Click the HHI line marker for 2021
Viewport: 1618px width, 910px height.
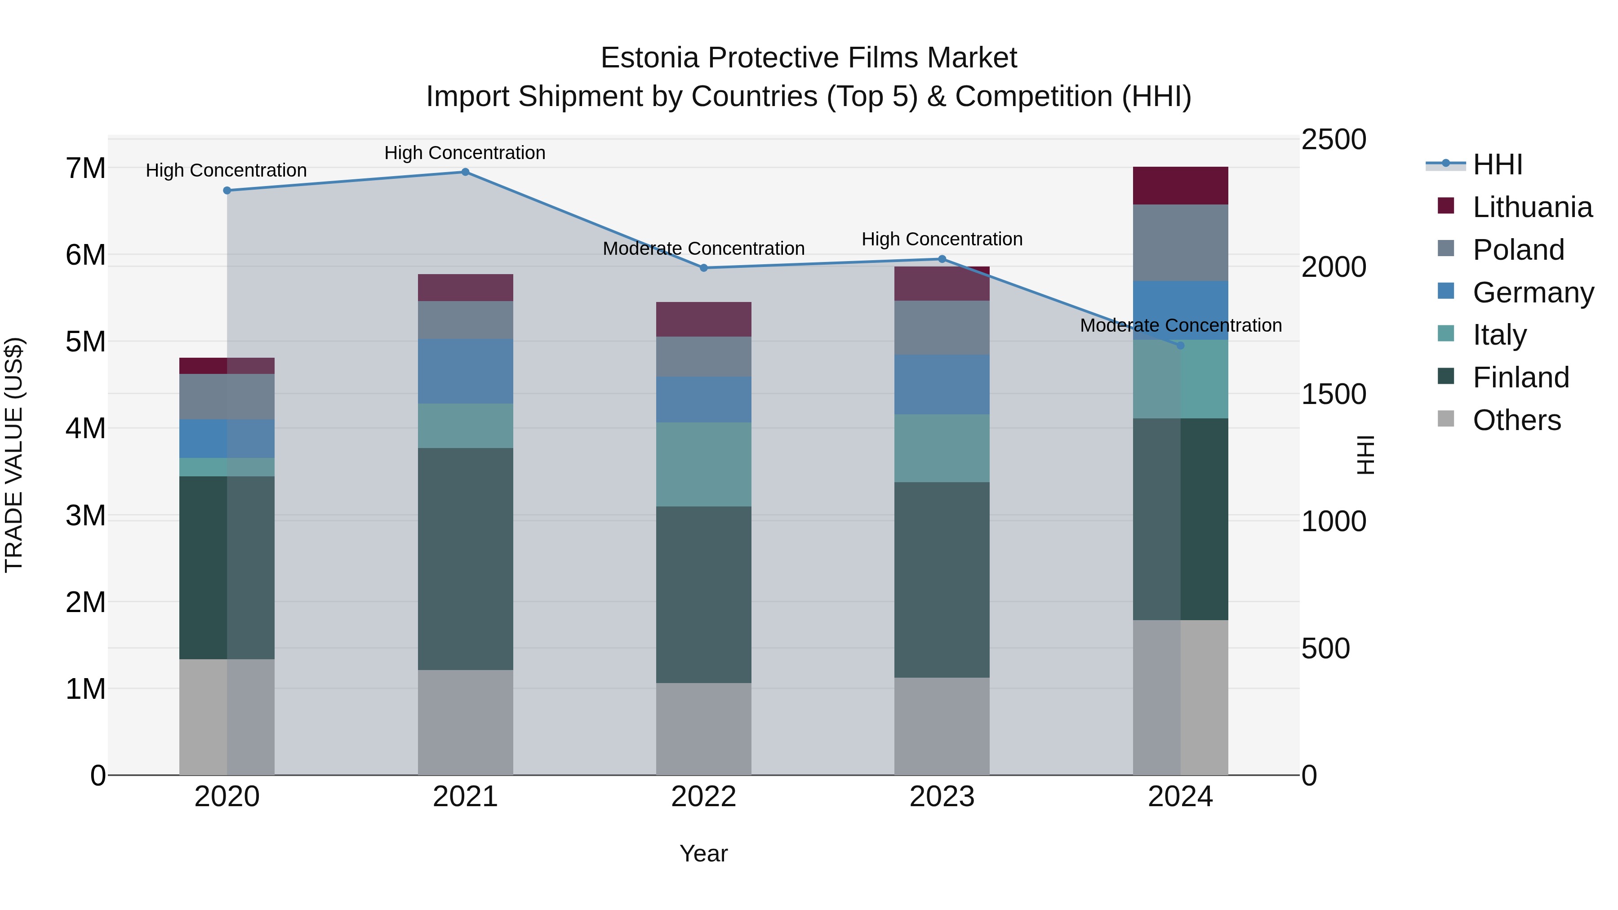point(466,172)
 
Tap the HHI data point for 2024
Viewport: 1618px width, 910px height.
point(1180,346)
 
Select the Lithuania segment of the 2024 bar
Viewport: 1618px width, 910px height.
point(1180,186)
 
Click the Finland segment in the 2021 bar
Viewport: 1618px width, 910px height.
point(466,559)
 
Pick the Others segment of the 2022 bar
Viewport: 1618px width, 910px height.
point(703,728)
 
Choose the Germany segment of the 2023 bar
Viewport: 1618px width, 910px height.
point(942,384)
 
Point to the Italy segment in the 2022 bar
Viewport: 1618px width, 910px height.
point(703,465)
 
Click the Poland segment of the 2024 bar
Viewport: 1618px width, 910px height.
point(1180,242)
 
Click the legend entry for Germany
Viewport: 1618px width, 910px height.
point(1533,293)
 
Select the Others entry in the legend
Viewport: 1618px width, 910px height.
point(1516,420)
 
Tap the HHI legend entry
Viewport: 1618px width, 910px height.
point(1498,164)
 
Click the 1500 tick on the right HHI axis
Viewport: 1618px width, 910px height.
point(1333,395)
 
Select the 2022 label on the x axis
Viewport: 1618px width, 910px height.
point(703,797)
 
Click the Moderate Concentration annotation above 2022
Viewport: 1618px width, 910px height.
point(703,249)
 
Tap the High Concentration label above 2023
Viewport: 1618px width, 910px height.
point(942,239)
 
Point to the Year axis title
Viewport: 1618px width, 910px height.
point(703,853)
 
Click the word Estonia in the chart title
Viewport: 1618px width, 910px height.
point(649,58)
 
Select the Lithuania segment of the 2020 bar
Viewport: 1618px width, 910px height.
point(227,365)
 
